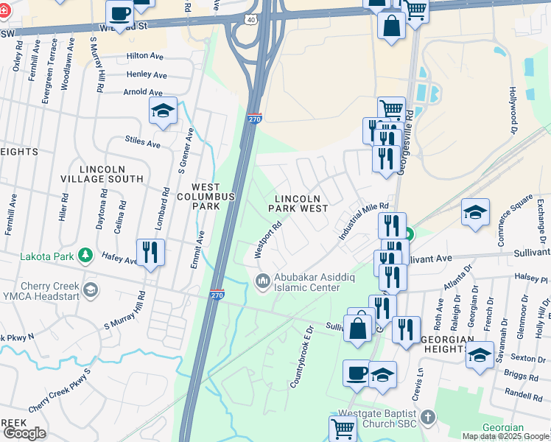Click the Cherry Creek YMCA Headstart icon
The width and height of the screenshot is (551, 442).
[90, 288]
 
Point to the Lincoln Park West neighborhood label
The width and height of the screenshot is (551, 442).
[301, 204]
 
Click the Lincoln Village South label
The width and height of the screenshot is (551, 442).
[111, 174]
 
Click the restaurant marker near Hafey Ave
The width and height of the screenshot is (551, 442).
[151, 253]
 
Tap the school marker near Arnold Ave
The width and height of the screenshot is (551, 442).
[163, 111]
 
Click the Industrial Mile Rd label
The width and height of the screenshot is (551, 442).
[363, 220]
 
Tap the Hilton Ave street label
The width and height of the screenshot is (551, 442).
[144, 55]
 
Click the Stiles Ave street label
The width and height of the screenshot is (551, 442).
[143, 142]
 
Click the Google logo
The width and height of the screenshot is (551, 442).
[24, 433]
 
